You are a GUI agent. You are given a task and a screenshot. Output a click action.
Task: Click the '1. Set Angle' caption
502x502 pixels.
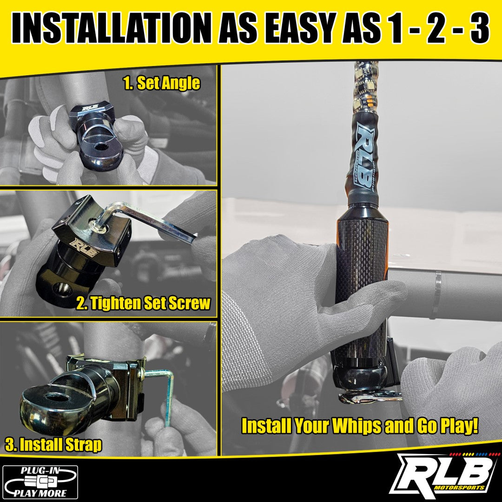pos(161,83)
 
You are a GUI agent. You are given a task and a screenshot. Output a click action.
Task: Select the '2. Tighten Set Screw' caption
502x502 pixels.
pos(143,304)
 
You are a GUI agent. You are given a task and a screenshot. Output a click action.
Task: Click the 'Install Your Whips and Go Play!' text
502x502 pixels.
pos(360,426)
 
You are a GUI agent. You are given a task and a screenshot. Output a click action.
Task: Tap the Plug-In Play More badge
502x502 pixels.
pos(40,482)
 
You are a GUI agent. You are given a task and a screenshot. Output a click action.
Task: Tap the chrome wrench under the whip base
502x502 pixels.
pos(370,396)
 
